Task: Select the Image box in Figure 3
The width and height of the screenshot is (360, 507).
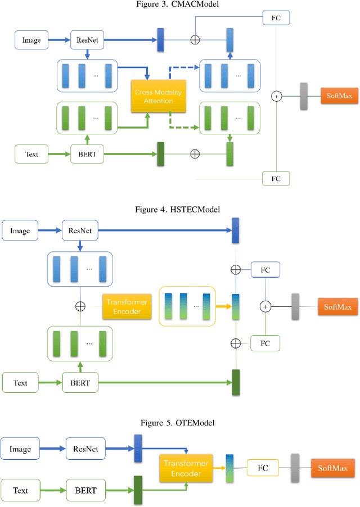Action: (x=31, y=40)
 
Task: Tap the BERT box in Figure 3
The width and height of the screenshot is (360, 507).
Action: (x=87, y=153)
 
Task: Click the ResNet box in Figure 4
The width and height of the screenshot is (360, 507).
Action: (x=79, y=230)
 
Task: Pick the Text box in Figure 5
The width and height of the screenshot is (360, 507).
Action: (x=21, y=490)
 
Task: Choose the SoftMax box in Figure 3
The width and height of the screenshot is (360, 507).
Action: (x=339, y=96)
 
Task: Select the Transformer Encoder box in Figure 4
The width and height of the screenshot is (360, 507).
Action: (x=127, y=306)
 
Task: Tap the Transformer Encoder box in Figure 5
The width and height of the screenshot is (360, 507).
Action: (x=185, y=468)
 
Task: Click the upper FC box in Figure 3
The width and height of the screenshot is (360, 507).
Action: (x=276, y=18)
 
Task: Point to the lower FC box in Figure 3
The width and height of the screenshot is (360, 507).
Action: (x=276, y=179)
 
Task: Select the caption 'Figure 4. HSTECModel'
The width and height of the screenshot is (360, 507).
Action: (x=177, y=210)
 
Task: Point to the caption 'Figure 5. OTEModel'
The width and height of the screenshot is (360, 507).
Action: (x=178, y=423)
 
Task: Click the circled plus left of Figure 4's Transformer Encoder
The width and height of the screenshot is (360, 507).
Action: (x=80, y=306)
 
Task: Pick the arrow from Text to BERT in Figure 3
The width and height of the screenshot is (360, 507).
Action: (x=59, y=153)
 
